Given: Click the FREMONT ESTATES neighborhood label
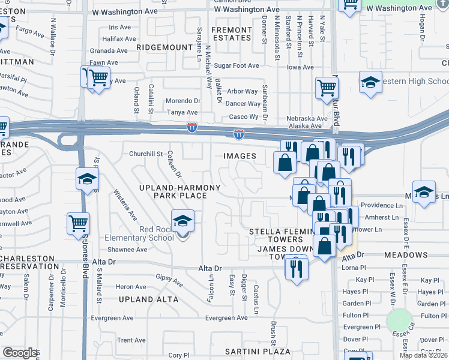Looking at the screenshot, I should [x=231, y=34].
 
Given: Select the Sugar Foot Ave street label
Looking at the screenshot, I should [x=236, y=66].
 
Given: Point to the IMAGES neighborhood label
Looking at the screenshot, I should [x=240, y=156].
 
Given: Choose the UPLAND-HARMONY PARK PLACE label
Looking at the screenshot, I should [x=180, y=192].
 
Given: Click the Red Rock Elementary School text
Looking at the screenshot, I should [x=139, y=233].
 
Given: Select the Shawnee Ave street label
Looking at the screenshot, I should [x=127, y=250].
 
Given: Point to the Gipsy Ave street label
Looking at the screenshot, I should [x=169, y=280].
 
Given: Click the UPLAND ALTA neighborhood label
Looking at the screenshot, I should [x=148, y=299].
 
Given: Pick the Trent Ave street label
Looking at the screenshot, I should [x=131, y=340].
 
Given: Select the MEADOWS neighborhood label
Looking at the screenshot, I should [x=406, y=255].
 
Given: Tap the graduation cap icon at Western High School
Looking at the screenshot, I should [x=370, y=82].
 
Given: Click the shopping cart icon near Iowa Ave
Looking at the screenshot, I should [x=327, y=88].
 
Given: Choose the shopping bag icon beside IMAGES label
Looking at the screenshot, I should [x=285, y=161].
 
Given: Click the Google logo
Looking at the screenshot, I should [x=20, y=353].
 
